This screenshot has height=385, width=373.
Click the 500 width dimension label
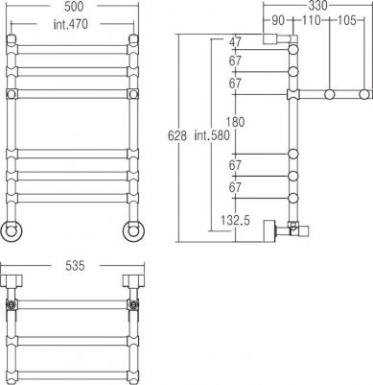(74, 7)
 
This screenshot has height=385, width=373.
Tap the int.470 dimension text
(70, 24)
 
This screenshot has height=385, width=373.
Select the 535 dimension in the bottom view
(75, 266)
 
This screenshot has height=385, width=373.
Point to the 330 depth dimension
(318, 6)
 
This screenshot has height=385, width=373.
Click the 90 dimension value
(278, 20)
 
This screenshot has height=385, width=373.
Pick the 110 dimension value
(311, 20)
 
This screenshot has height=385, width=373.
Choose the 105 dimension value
(347, 20)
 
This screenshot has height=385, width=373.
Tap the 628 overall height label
(177, 135)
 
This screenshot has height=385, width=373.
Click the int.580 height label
(212, 135)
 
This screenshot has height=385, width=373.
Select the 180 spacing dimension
(235, 122)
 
